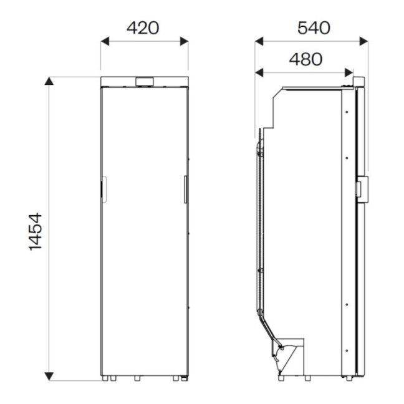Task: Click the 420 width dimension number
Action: tap(143, 28)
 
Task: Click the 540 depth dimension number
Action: tap(314, 28)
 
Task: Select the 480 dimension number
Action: tap(305, 59)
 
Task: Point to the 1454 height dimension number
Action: tap(35, 231)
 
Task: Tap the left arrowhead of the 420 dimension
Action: tap(105, 41)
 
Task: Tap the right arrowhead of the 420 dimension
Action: tap(184, 41)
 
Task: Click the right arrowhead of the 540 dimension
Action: tap(364, 41)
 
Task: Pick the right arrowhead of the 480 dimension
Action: tap(349, 73)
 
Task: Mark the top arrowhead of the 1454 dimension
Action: tap(49, 81)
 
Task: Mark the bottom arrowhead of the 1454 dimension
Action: tap(49, 376)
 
